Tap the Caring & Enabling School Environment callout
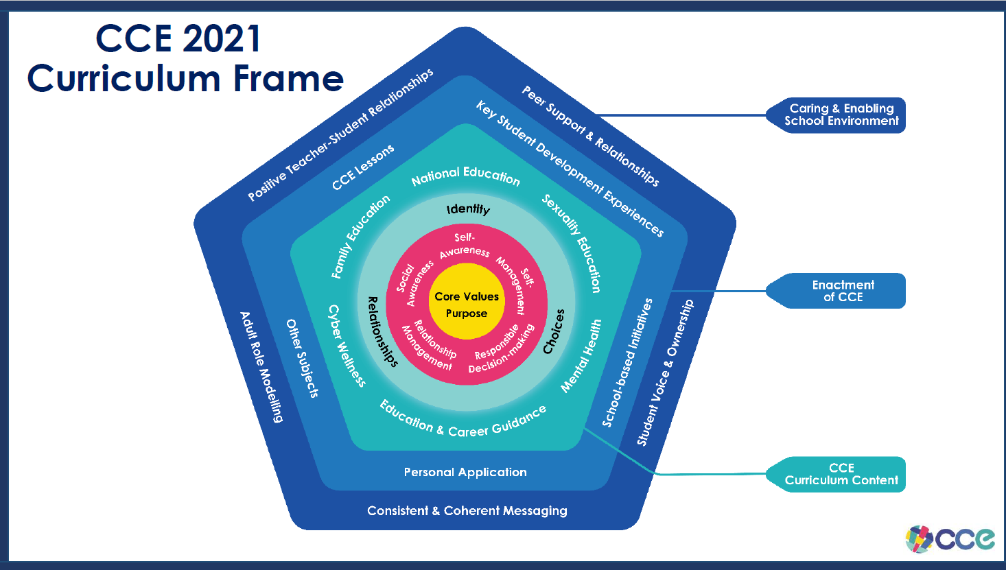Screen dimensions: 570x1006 click(841, 115)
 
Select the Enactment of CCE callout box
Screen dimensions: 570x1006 click(842, 291)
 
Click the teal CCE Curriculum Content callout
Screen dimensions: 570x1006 click(841, 474)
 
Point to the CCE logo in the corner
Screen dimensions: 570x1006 click(950, 538)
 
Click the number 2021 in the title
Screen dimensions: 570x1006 click(221, 39)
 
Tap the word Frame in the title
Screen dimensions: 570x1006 click(288, 79)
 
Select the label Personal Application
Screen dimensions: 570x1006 click(465, 472)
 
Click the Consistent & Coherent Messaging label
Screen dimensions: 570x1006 click(467, 511)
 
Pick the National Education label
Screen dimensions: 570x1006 click(466, 176)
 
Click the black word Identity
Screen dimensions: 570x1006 click(468, 209)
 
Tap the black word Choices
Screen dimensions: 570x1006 click(554, 331)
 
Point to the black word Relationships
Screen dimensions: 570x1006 click(382, 332)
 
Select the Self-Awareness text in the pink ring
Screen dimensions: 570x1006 click(465, 245)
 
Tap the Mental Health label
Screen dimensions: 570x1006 click(581, 356)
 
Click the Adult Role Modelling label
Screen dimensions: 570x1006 click(261, 367)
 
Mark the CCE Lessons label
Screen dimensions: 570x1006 click(363, 167)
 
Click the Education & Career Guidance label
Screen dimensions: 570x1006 click(463, 420)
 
